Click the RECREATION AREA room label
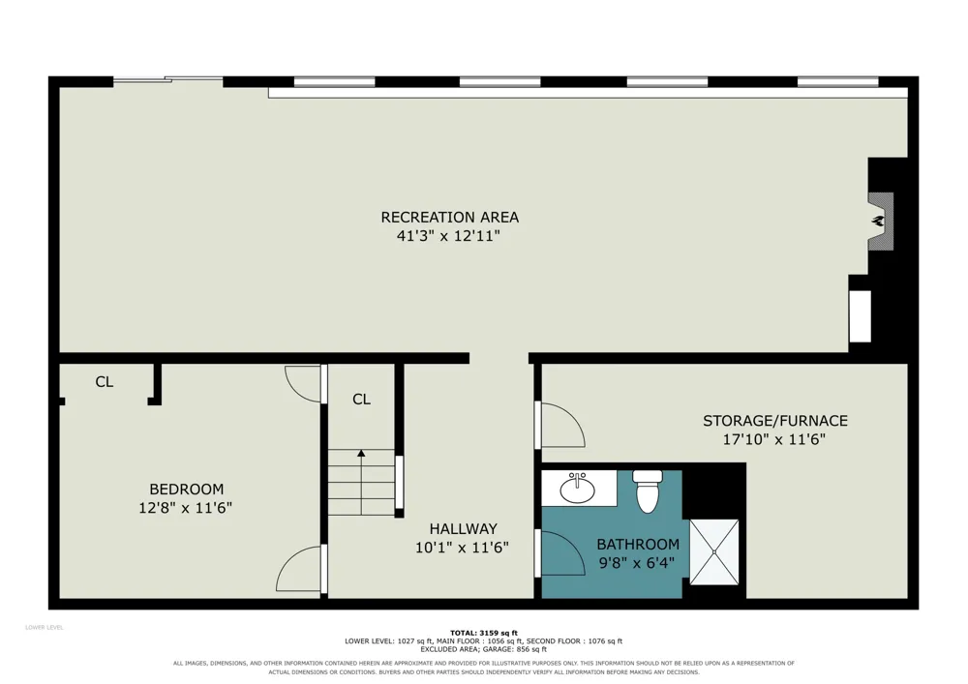(449, 217)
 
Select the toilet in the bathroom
(647, 491)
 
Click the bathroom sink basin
(578, 491)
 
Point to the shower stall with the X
(714, 552)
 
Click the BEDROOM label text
(187, 490)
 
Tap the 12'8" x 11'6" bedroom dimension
(185, 508)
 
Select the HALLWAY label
(463, 528)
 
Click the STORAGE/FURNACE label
(774, 421)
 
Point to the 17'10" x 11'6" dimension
(774, 440)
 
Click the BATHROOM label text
(638, 544)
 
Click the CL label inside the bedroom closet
(105, 382)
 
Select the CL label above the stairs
(361, 400)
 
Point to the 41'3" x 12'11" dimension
(448, 236)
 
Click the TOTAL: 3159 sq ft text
(484, 633)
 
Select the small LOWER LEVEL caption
(44, 628)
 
